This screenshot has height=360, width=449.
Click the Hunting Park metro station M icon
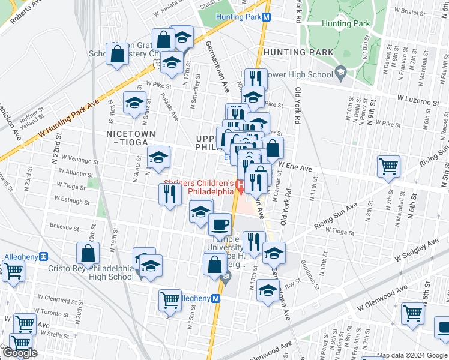[265, 17]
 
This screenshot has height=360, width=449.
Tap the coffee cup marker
[220, 224]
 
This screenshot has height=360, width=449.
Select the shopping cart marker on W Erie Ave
[389, 167]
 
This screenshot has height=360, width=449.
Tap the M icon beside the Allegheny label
[216, 298]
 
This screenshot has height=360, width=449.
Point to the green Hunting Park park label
[345, 23]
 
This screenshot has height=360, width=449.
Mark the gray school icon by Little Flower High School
[340, 74]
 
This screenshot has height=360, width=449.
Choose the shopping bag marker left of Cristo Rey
[88, 253]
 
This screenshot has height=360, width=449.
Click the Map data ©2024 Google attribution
[412, 355]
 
